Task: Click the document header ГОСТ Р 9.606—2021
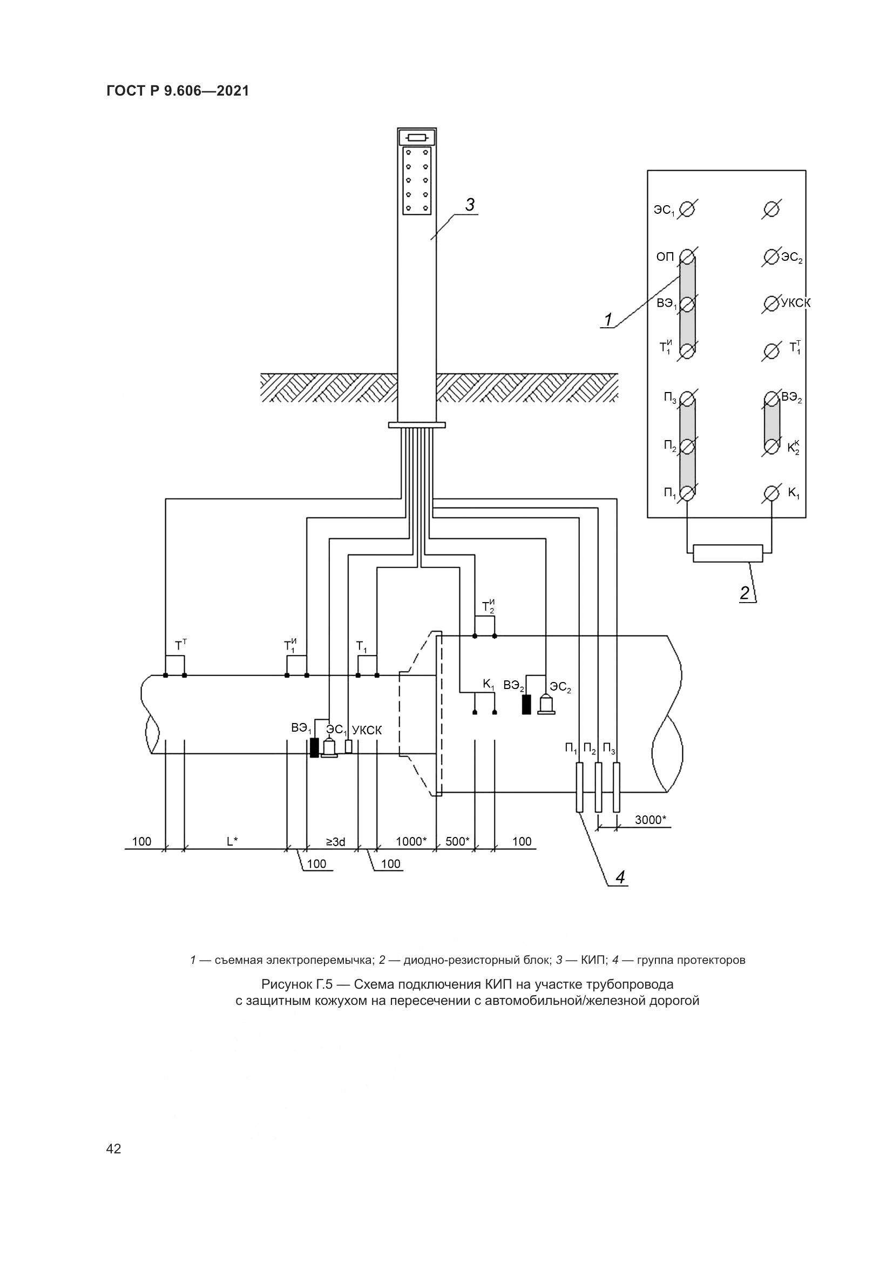click(178, 91)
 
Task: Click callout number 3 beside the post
click(470, 205)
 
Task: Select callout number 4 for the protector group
click(620, 877)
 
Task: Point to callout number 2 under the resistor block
click(745, 593)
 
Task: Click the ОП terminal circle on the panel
click(687, 256)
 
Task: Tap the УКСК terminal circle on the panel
click(772, 302)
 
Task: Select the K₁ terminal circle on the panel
click(772, 494)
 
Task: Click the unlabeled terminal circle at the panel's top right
click(772, 209)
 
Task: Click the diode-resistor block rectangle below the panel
click(728, 553)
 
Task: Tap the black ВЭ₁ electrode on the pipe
click(314, 747)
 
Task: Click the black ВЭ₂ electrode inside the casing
click(527, 705)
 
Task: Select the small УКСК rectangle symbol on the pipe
click(348, 746)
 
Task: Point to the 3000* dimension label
click(650, 820)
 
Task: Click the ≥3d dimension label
click(335, 841)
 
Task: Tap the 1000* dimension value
click(411, 841)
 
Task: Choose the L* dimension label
click(233, 841)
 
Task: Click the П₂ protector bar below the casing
click(598, 787)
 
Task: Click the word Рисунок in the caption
click(287, 983)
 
